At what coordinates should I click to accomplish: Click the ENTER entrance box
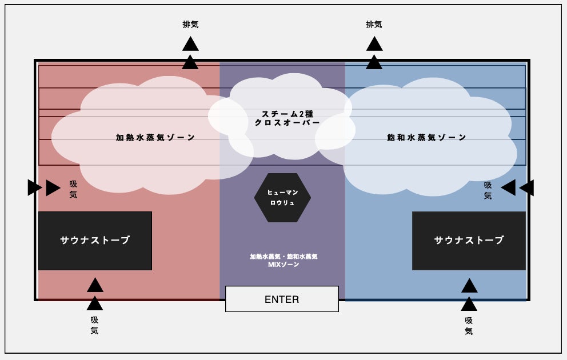pyautogui.click(x=282, y=299)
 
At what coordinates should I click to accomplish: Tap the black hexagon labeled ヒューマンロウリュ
pyautogui.click(x=282, y=198)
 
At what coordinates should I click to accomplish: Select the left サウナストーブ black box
pyautogui.click(x=95, y=241)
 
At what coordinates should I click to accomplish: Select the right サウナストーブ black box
pyautogui.click(x=469, y=241)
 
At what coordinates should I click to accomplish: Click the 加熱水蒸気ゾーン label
pyautogui.click(x=155, y=138)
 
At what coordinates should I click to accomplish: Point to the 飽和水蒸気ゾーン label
pyautogui.click(x=426, y=138)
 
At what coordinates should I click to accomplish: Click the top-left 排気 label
pyautogui.click(x=190, y=25)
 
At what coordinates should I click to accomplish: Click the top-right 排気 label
pyautogui.click(x=374, y=25)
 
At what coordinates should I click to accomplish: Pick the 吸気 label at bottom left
pyautogui.click(x=94, y=325)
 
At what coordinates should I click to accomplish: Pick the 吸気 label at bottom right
pyautogui.click(x=469, y=325)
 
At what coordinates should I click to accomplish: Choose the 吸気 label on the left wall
pyautogui.click(x=73, y=189)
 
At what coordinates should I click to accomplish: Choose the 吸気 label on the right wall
pyautogui.click(x=488, y=190)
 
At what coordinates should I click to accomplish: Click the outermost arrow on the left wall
pyautogui.click(x=34, y=187)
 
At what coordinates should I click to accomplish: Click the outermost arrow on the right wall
pyautogui.click(x=527, y=187)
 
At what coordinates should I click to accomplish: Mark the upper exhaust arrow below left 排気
pyautogui.click(x=190, y=44)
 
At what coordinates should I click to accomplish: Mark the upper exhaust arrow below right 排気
pyautogui.click(x=374, y=44)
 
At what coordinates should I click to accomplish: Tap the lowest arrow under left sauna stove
pyautogui.click(x=95, y=303)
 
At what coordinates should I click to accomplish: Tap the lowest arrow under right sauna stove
pyautogui.click(x=469, y=303)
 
